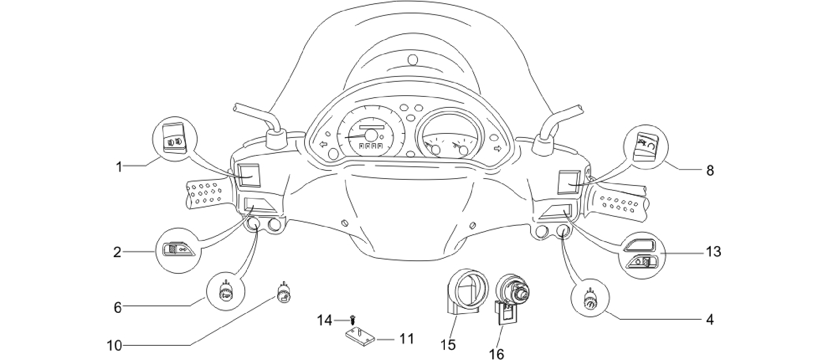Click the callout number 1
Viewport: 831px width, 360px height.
[x=119, y=166]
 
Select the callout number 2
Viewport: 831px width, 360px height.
[x=117, y=253]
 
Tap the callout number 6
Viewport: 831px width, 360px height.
[x=117, y=308]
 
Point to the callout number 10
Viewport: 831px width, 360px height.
[x=114, y=346]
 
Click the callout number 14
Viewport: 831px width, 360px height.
[x=325, y=321]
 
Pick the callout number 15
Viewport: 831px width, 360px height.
[x=448, y=345]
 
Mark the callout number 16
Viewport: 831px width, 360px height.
[x=497, y=354]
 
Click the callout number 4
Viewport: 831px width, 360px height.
[x=710, y=320]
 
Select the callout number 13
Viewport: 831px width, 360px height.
[x=714, y=252]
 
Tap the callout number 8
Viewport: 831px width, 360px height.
[x=710, y=170]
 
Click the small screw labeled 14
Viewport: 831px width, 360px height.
[x=352, y=321]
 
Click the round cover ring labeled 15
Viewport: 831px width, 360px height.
[x=461, y=292]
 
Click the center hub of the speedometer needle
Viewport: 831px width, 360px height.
[x=371, y=135]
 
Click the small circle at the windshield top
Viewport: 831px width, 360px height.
[x=412, y=60]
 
